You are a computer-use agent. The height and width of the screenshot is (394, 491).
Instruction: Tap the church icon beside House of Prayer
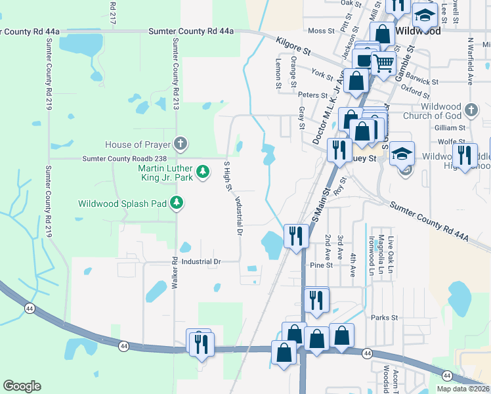[181, 144]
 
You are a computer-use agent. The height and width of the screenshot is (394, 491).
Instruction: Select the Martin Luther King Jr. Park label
[165, 172]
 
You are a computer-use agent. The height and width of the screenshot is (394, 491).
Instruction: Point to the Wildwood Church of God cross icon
[471, 110]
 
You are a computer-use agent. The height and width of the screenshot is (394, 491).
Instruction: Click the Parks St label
[385, 317]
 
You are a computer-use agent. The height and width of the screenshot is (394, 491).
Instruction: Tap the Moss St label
[321, 30]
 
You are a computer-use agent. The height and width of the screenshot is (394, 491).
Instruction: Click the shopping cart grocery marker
[384, 64]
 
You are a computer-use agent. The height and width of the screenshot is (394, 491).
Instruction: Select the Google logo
[22, 386]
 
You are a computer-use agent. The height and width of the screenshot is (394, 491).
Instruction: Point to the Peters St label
[312, 95]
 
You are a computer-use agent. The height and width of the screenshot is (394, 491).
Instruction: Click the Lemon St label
[278, 73]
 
